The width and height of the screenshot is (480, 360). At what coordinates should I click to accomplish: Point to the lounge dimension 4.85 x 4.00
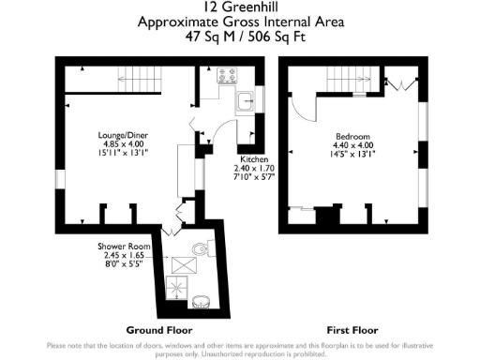[122, 143]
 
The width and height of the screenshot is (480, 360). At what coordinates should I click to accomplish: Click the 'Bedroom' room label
[353, 136]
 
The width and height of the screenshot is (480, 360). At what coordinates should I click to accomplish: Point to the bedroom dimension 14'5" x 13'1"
[353, 154]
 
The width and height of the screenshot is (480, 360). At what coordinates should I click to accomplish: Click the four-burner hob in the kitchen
[228, 74]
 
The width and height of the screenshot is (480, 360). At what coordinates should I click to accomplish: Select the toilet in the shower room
[198, 250]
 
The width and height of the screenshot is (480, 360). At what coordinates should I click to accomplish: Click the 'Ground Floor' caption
[159, 331]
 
